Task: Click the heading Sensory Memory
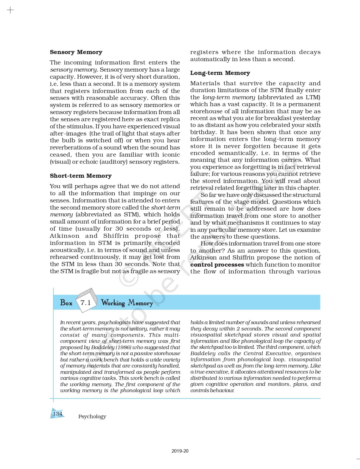click(x=76, y=52)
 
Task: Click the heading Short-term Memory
click(x=81, y=176)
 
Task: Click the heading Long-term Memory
click(x=220, y=73)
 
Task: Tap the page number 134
click(x=58, y=414)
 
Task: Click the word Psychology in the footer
click(x=92, y=416)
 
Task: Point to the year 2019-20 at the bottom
click(x=180, y=451)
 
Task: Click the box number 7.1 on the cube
click(x=86, y=303)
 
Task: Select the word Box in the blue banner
click(x=66, y=303)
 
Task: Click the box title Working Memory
click(x=127, y=303)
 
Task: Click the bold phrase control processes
click(x=217, y=265)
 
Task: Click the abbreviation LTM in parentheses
click(x=312, y=97)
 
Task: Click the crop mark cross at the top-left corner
click(x=10, y=10)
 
